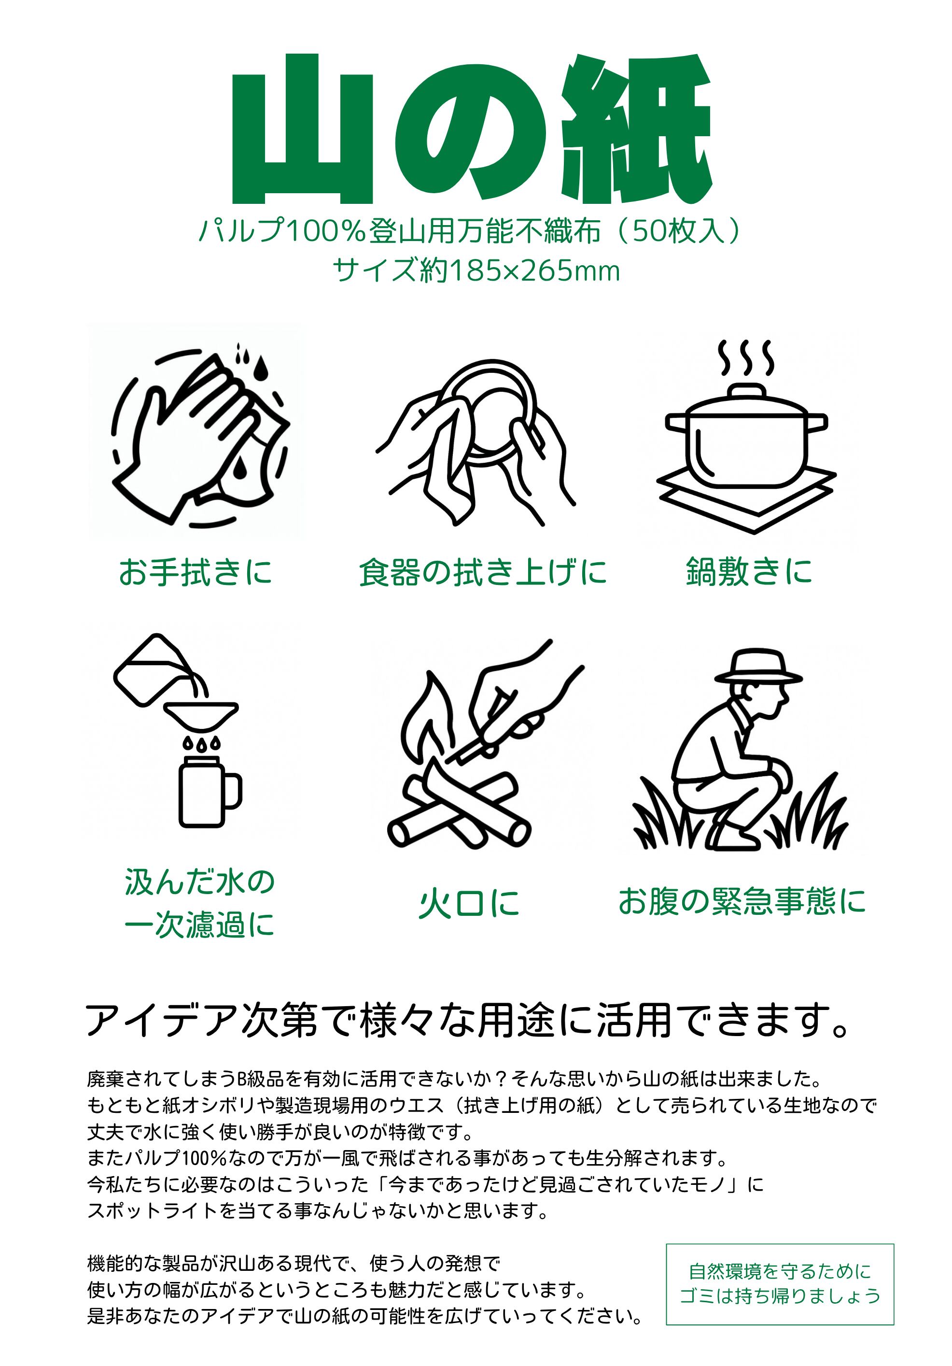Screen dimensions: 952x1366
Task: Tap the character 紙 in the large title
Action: (x=637, y=128)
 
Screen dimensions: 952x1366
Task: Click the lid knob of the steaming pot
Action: (x=747, y=391)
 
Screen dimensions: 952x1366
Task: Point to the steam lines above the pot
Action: (x=747, y=358)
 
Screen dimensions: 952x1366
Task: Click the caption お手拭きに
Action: (x=196, y=572)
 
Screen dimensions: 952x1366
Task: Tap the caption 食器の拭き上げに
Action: (x=483, y=572)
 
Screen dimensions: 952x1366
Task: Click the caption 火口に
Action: (x=469, y=904)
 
